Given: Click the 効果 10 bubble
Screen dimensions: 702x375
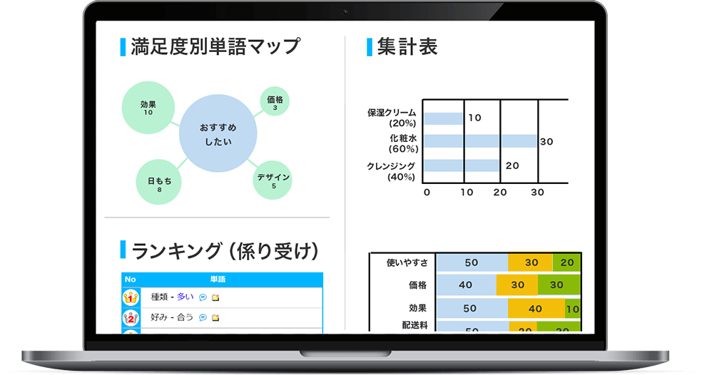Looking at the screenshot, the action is coord(148,108).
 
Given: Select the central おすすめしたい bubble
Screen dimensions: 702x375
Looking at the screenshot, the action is coord(218,133).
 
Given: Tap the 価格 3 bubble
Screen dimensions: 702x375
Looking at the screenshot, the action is coord(275,101).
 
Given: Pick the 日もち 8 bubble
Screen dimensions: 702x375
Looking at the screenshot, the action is coord(158,182).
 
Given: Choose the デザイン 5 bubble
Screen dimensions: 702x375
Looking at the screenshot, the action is coord(273,180).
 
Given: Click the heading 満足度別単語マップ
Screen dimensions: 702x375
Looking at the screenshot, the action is coord(215,46).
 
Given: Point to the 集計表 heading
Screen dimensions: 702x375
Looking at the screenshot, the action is coord(407,46).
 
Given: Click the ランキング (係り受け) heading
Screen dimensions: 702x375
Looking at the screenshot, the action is coord(225,250).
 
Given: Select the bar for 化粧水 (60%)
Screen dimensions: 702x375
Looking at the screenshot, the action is coord(480,141).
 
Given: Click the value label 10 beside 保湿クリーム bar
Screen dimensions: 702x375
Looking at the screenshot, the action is coord(475,118).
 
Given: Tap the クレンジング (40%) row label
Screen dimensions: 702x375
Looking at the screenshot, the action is coord(391,171).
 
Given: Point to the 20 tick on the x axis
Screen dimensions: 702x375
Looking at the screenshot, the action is coord(500,192).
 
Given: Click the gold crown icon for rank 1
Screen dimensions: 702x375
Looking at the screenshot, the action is coord(131,297).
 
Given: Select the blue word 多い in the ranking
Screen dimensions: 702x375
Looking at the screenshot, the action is coord(185,297).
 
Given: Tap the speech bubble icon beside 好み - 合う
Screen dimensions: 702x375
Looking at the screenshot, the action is coord(203,318).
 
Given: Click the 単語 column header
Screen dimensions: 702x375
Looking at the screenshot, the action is coord(218,279).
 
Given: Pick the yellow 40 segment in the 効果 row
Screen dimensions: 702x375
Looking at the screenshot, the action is coord(536,308).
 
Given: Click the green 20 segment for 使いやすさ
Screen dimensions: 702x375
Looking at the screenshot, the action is coord(566,262).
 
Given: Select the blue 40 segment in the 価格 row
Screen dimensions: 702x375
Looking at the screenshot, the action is coord(466,284).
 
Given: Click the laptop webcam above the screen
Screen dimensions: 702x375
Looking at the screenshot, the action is coord(345,13).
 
